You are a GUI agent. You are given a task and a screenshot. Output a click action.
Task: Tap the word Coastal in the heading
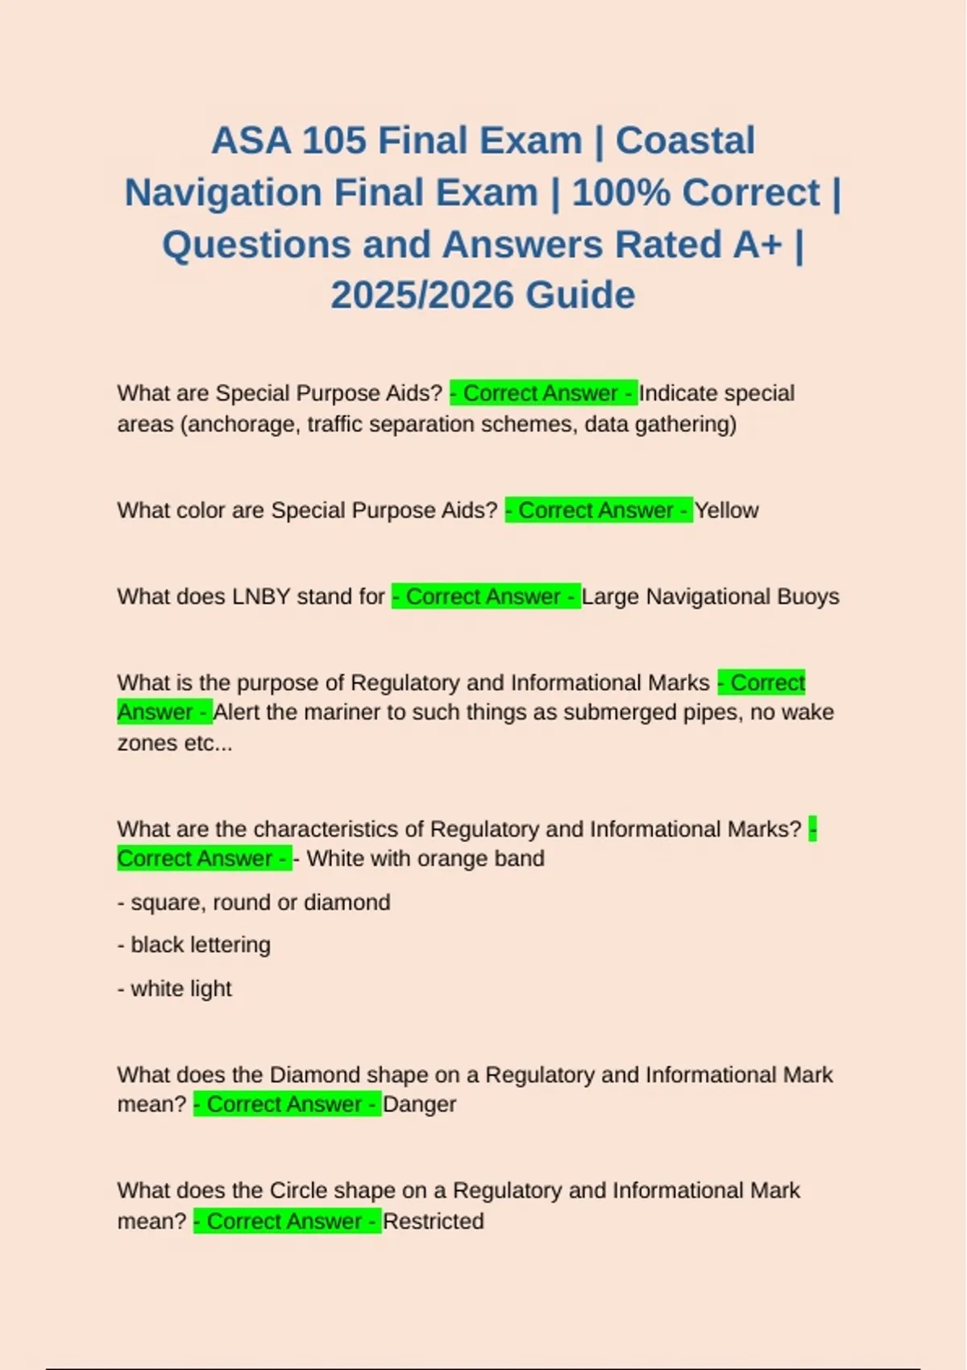click(685, 141)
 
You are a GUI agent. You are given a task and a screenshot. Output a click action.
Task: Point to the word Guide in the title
click(579, 295)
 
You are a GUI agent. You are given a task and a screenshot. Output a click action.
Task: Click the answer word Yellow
click(726, 510)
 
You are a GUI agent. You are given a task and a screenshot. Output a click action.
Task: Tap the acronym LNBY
click(261, 596)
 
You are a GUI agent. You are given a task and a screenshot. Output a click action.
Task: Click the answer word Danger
click(419, 1104)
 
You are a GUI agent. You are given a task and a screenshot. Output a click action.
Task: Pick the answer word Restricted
click(433, 1221)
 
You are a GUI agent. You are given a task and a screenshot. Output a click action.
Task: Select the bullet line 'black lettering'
click(194, 944)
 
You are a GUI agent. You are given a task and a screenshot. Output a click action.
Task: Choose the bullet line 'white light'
click(175, 988)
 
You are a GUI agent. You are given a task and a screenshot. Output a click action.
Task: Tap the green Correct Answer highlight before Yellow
click(598, 510)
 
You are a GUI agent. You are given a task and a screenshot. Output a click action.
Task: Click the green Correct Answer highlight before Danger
click(287, 1104)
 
